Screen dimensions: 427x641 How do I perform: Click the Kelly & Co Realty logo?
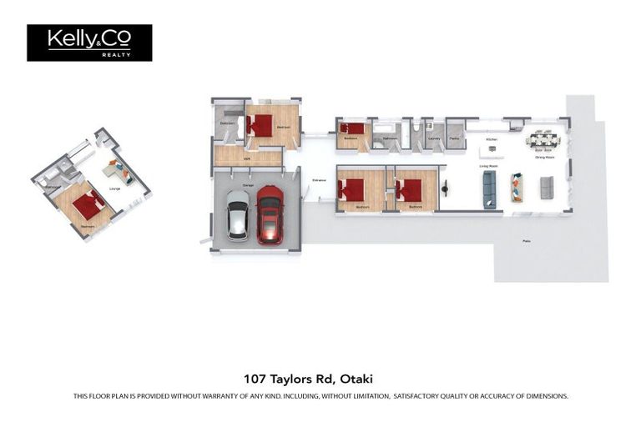click(x=89, y=43)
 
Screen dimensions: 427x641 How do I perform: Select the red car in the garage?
click(x=270, y=214)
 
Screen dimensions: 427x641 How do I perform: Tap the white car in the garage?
click(x=238, y=215)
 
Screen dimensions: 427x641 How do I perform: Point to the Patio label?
click(x=526, y=241)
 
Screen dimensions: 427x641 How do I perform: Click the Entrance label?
click(x=319, y=180)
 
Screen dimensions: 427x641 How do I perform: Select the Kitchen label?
click(x=492, y=139)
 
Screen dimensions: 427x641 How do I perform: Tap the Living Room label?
click(x=488, y=166)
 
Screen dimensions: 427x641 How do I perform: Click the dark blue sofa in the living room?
click(x=489, y=190)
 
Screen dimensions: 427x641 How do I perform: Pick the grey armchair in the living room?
click(x=547, y=188)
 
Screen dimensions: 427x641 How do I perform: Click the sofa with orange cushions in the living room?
click(x=517, y=188)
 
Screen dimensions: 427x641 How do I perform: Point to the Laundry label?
click(x=433, y=138)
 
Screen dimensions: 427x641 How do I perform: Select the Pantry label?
click(x=455, y=138)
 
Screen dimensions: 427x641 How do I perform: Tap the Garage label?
click(x=248, y=185)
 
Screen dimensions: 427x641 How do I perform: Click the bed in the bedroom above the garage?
click(x=261, y=125)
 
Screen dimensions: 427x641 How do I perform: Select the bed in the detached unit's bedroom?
click(x=87, y=205)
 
